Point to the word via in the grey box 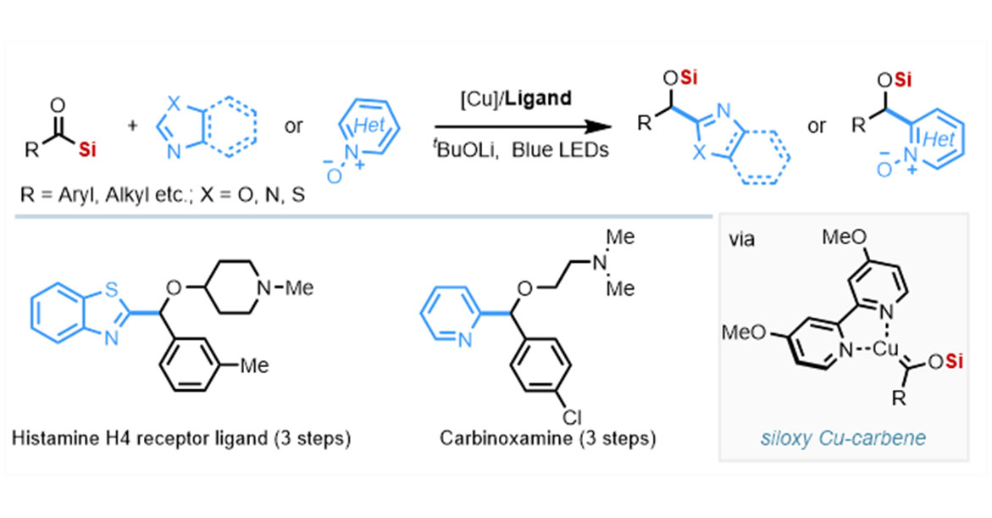[742, 240]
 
